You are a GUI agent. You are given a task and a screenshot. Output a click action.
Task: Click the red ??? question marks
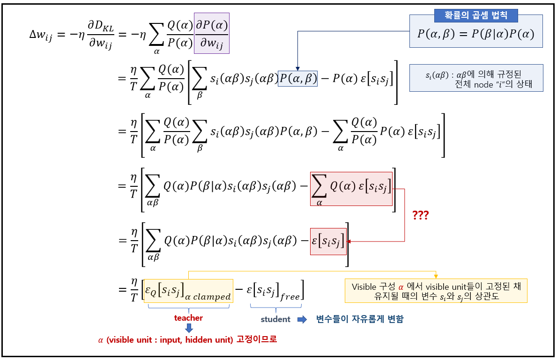coord(420,216)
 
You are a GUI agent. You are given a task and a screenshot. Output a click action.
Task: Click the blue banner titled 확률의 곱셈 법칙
coord(475,15)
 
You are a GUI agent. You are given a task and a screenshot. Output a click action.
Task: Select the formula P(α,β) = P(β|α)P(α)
coord(475,34)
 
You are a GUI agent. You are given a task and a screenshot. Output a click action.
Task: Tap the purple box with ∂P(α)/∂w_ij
coord(212,33)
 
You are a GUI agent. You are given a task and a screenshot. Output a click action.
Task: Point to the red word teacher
coord(188,318)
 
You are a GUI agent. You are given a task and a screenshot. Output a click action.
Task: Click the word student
coord(275,319)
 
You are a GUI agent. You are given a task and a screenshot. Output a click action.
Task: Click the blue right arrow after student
coord(302,319)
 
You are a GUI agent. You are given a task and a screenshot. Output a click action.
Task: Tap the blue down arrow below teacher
coord(189,328)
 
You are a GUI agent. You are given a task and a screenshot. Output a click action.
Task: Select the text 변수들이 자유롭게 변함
coord(359,319)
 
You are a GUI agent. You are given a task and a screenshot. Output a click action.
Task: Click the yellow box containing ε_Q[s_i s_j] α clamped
coord(188,291)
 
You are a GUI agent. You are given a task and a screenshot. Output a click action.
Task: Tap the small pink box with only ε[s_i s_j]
coord(328,242)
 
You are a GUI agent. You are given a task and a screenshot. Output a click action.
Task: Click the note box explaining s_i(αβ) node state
coord(476,78)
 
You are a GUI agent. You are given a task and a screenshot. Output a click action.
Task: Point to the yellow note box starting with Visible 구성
coord(436,291)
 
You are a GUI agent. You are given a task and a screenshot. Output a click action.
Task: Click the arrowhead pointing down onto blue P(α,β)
coord(297,68)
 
